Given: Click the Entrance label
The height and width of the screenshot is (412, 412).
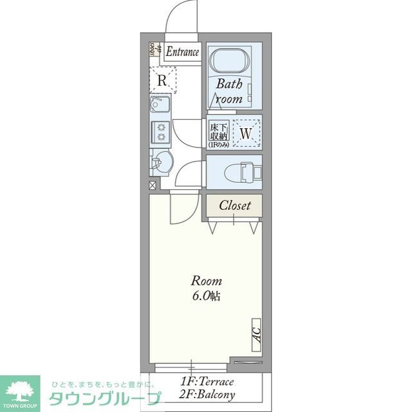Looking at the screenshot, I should click(x=183, y=52).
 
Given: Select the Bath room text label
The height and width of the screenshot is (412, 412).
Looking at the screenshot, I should click(x=229, y=91).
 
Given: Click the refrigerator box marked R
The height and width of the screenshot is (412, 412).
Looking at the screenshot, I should click(x=163, y=80).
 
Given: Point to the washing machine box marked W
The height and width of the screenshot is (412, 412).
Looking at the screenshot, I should click(x=245, y=133).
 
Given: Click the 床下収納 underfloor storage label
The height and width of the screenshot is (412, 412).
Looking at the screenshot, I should click(x=217, y=133).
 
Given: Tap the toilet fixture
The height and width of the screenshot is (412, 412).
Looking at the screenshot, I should click(x=241, y=171).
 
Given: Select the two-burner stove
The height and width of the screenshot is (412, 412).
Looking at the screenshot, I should click(x=160, y=131).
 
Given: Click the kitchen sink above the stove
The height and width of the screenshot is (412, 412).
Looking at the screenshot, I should click(x=160, y=106).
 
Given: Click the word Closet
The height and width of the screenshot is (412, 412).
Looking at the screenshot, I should click(x=234, y=206).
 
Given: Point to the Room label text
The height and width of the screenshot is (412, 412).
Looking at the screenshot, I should click(x=206, y=281).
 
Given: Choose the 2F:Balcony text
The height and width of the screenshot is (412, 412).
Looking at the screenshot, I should click(x=207, y=395).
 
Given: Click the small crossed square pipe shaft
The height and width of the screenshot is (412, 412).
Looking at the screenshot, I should click(x=153, y=185).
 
